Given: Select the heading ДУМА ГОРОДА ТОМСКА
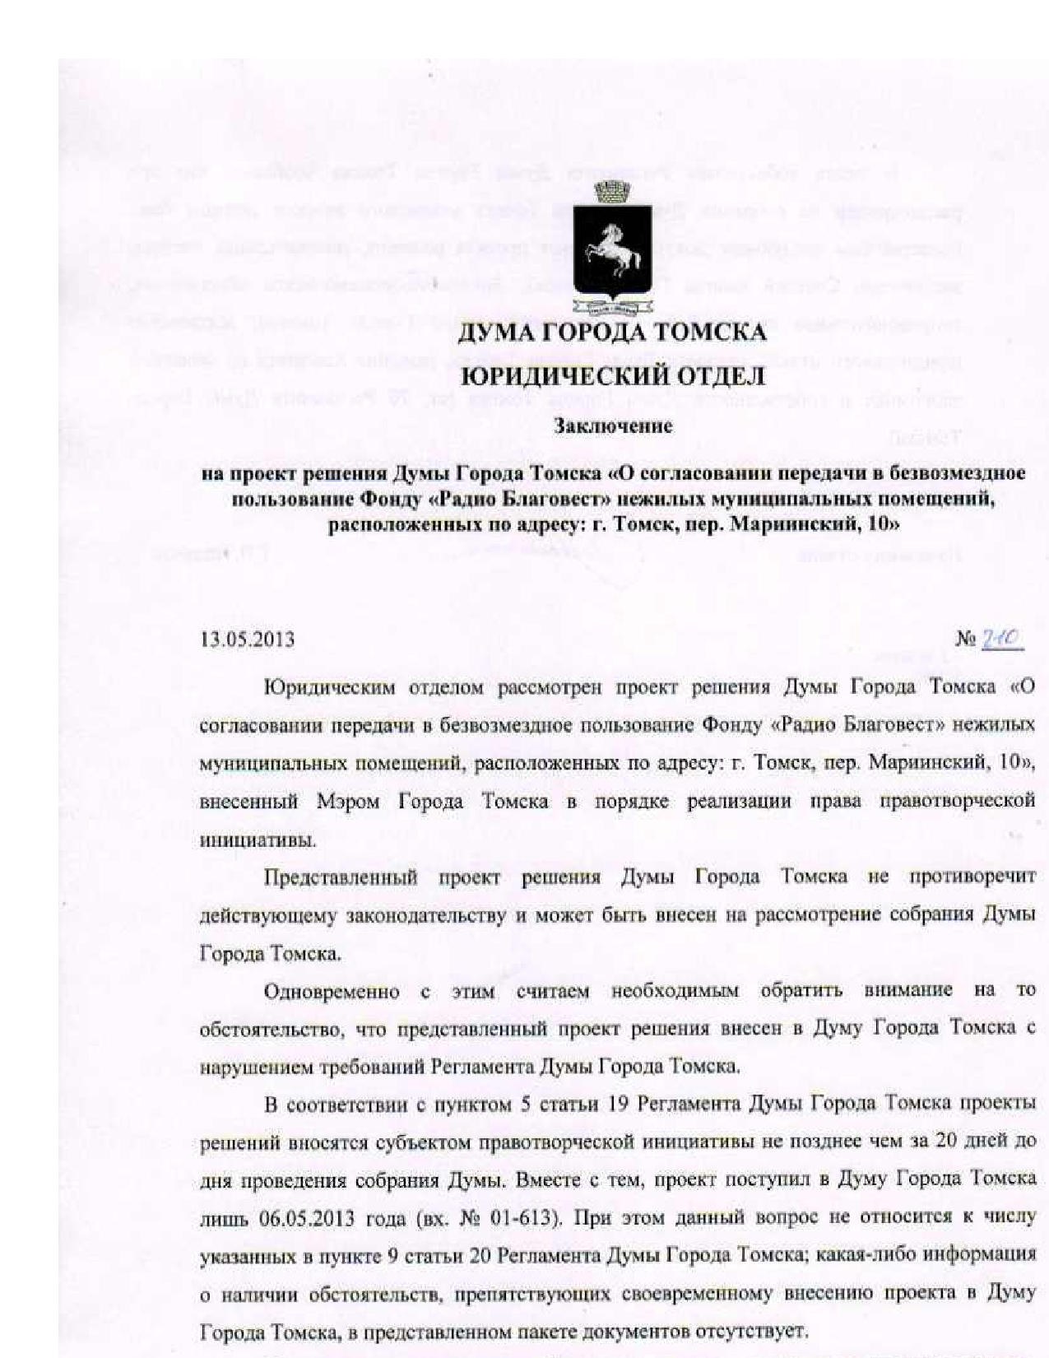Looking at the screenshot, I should [611, 334].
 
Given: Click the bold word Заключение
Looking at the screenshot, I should [613, 426].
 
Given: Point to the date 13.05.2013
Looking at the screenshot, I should [248, 639].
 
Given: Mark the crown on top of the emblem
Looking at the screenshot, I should [610, 192].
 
